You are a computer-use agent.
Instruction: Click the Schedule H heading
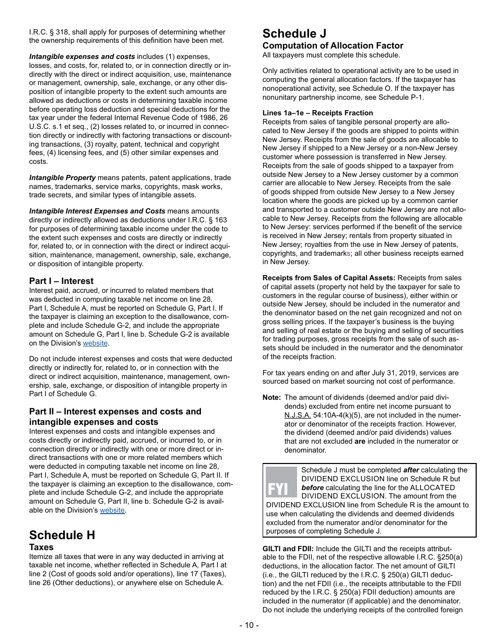(62, 535)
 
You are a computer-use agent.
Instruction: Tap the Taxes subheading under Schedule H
(41, 547)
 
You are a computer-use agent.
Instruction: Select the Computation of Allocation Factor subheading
(333, 45)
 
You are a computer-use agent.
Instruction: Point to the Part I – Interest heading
(61, 281)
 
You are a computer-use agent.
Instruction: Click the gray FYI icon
(281, 482)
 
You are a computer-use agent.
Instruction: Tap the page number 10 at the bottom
(248, 625)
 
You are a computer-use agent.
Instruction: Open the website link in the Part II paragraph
(112, 510)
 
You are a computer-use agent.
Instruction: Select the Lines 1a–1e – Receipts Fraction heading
(317, 113)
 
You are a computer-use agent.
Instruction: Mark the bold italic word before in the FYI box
(312, 488)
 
